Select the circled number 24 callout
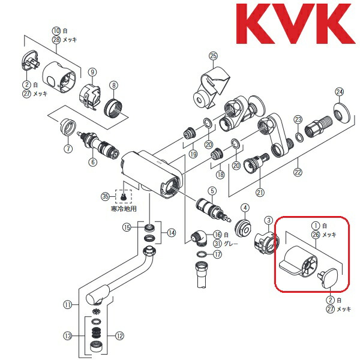[x=340, y=92]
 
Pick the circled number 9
[x=92, y=72]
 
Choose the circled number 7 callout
[x=68, y=148]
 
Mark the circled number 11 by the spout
[x=67, y=304]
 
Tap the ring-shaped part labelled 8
[x=113, y=109]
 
